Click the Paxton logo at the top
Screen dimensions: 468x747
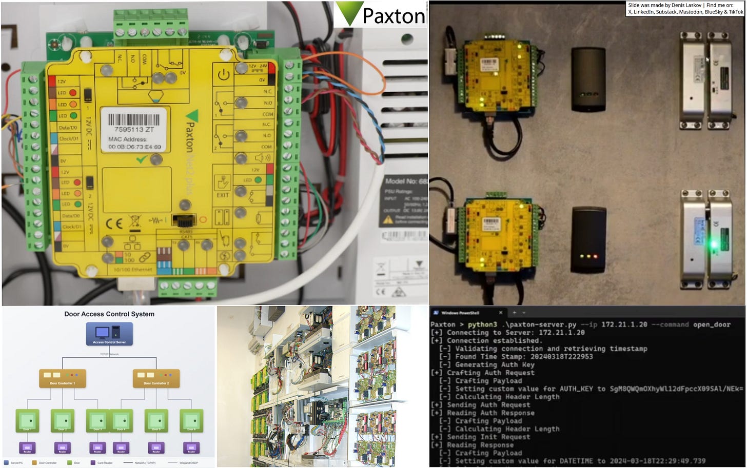pos(380,14)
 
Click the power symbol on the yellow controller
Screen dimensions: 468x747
pos(223,75)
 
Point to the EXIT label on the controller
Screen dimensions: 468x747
pos(223,195)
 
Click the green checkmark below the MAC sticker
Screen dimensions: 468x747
pos(142,160)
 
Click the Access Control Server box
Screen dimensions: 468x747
pos(109,334)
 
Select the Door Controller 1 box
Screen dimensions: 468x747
pos(63,378)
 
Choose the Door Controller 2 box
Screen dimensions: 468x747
pos(156,378)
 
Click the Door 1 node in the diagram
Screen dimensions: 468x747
pos(27,420)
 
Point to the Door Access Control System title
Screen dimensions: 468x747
pos(109,314)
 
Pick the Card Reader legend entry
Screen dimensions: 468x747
pos(102,463)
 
